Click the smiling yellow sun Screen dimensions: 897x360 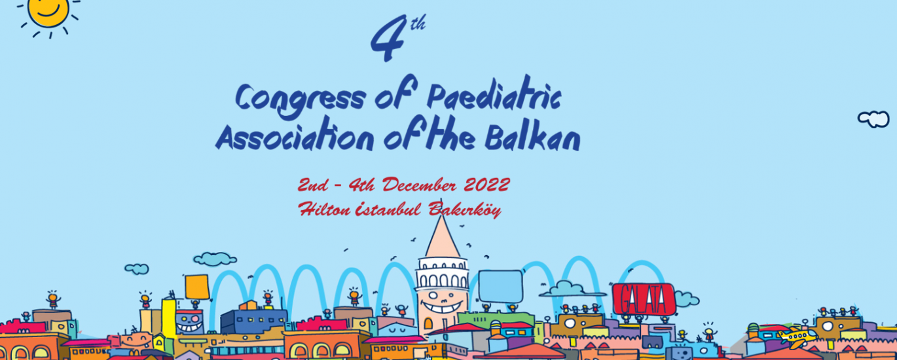click(x=48, y=12)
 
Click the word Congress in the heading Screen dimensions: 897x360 click(x=301, y=100)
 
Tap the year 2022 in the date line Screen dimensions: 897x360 click(x=486, y=185)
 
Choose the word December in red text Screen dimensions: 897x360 click(x=419, y=185)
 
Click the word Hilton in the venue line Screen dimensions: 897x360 click(x=324, y=209)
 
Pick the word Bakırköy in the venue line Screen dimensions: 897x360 click(x=464, y=209)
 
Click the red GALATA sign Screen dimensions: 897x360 click(x=644, y=299)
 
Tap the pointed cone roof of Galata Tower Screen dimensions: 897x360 click(x=442, y=237)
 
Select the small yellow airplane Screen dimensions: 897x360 click(x=797, y=336)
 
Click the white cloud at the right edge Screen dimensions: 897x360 click(x=873, y=119)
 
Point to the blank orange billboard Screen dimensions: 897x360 click(x=197, y=287)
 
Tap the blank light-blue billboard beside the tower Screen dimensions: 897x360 click(x=501, y=286)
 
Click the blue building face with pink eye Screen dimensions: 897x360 click(x=189, y=322)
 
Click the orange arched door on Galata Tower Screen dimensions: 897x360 click(x=428, y=323)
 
